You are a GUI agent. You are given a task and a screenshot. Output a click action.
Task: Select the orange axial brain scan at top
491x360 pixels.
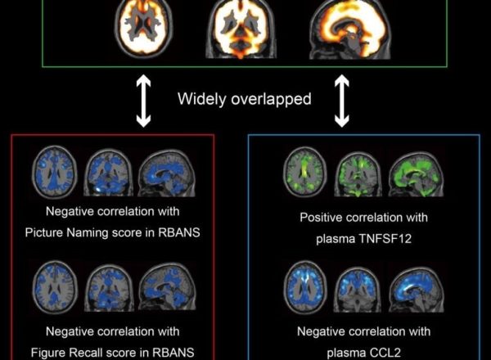click(x=144, y=25)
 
